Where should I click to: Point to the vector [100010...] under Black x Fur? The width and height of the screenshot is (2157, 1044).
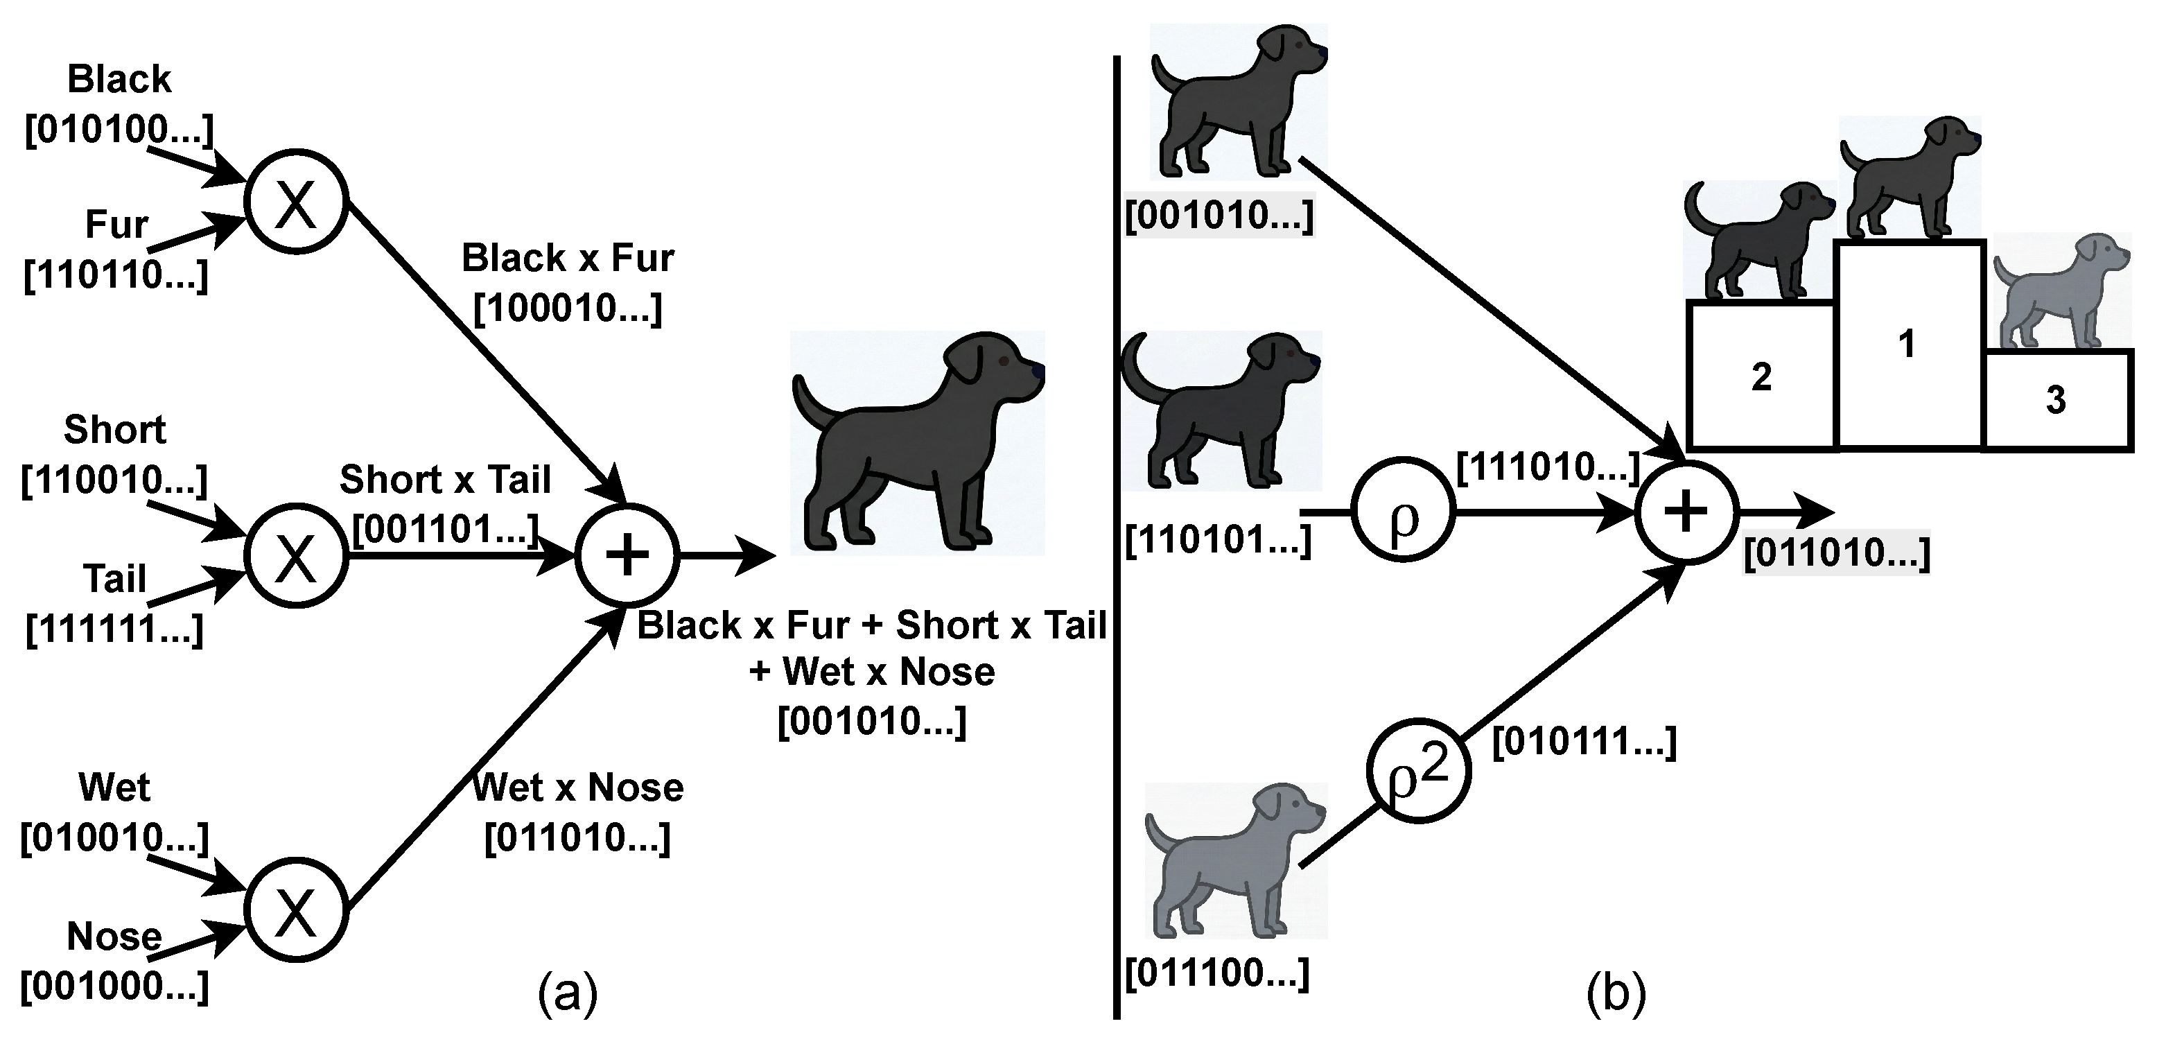point(568,309)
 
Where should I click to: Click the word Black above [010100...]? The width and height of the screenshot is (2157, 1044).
point(119,80)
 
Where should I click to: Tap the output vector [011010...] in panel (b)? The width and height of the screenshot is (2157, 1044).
point(1837,553)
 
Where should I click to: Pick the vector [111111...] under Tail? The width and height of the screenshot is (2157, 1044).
point(115,629)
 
